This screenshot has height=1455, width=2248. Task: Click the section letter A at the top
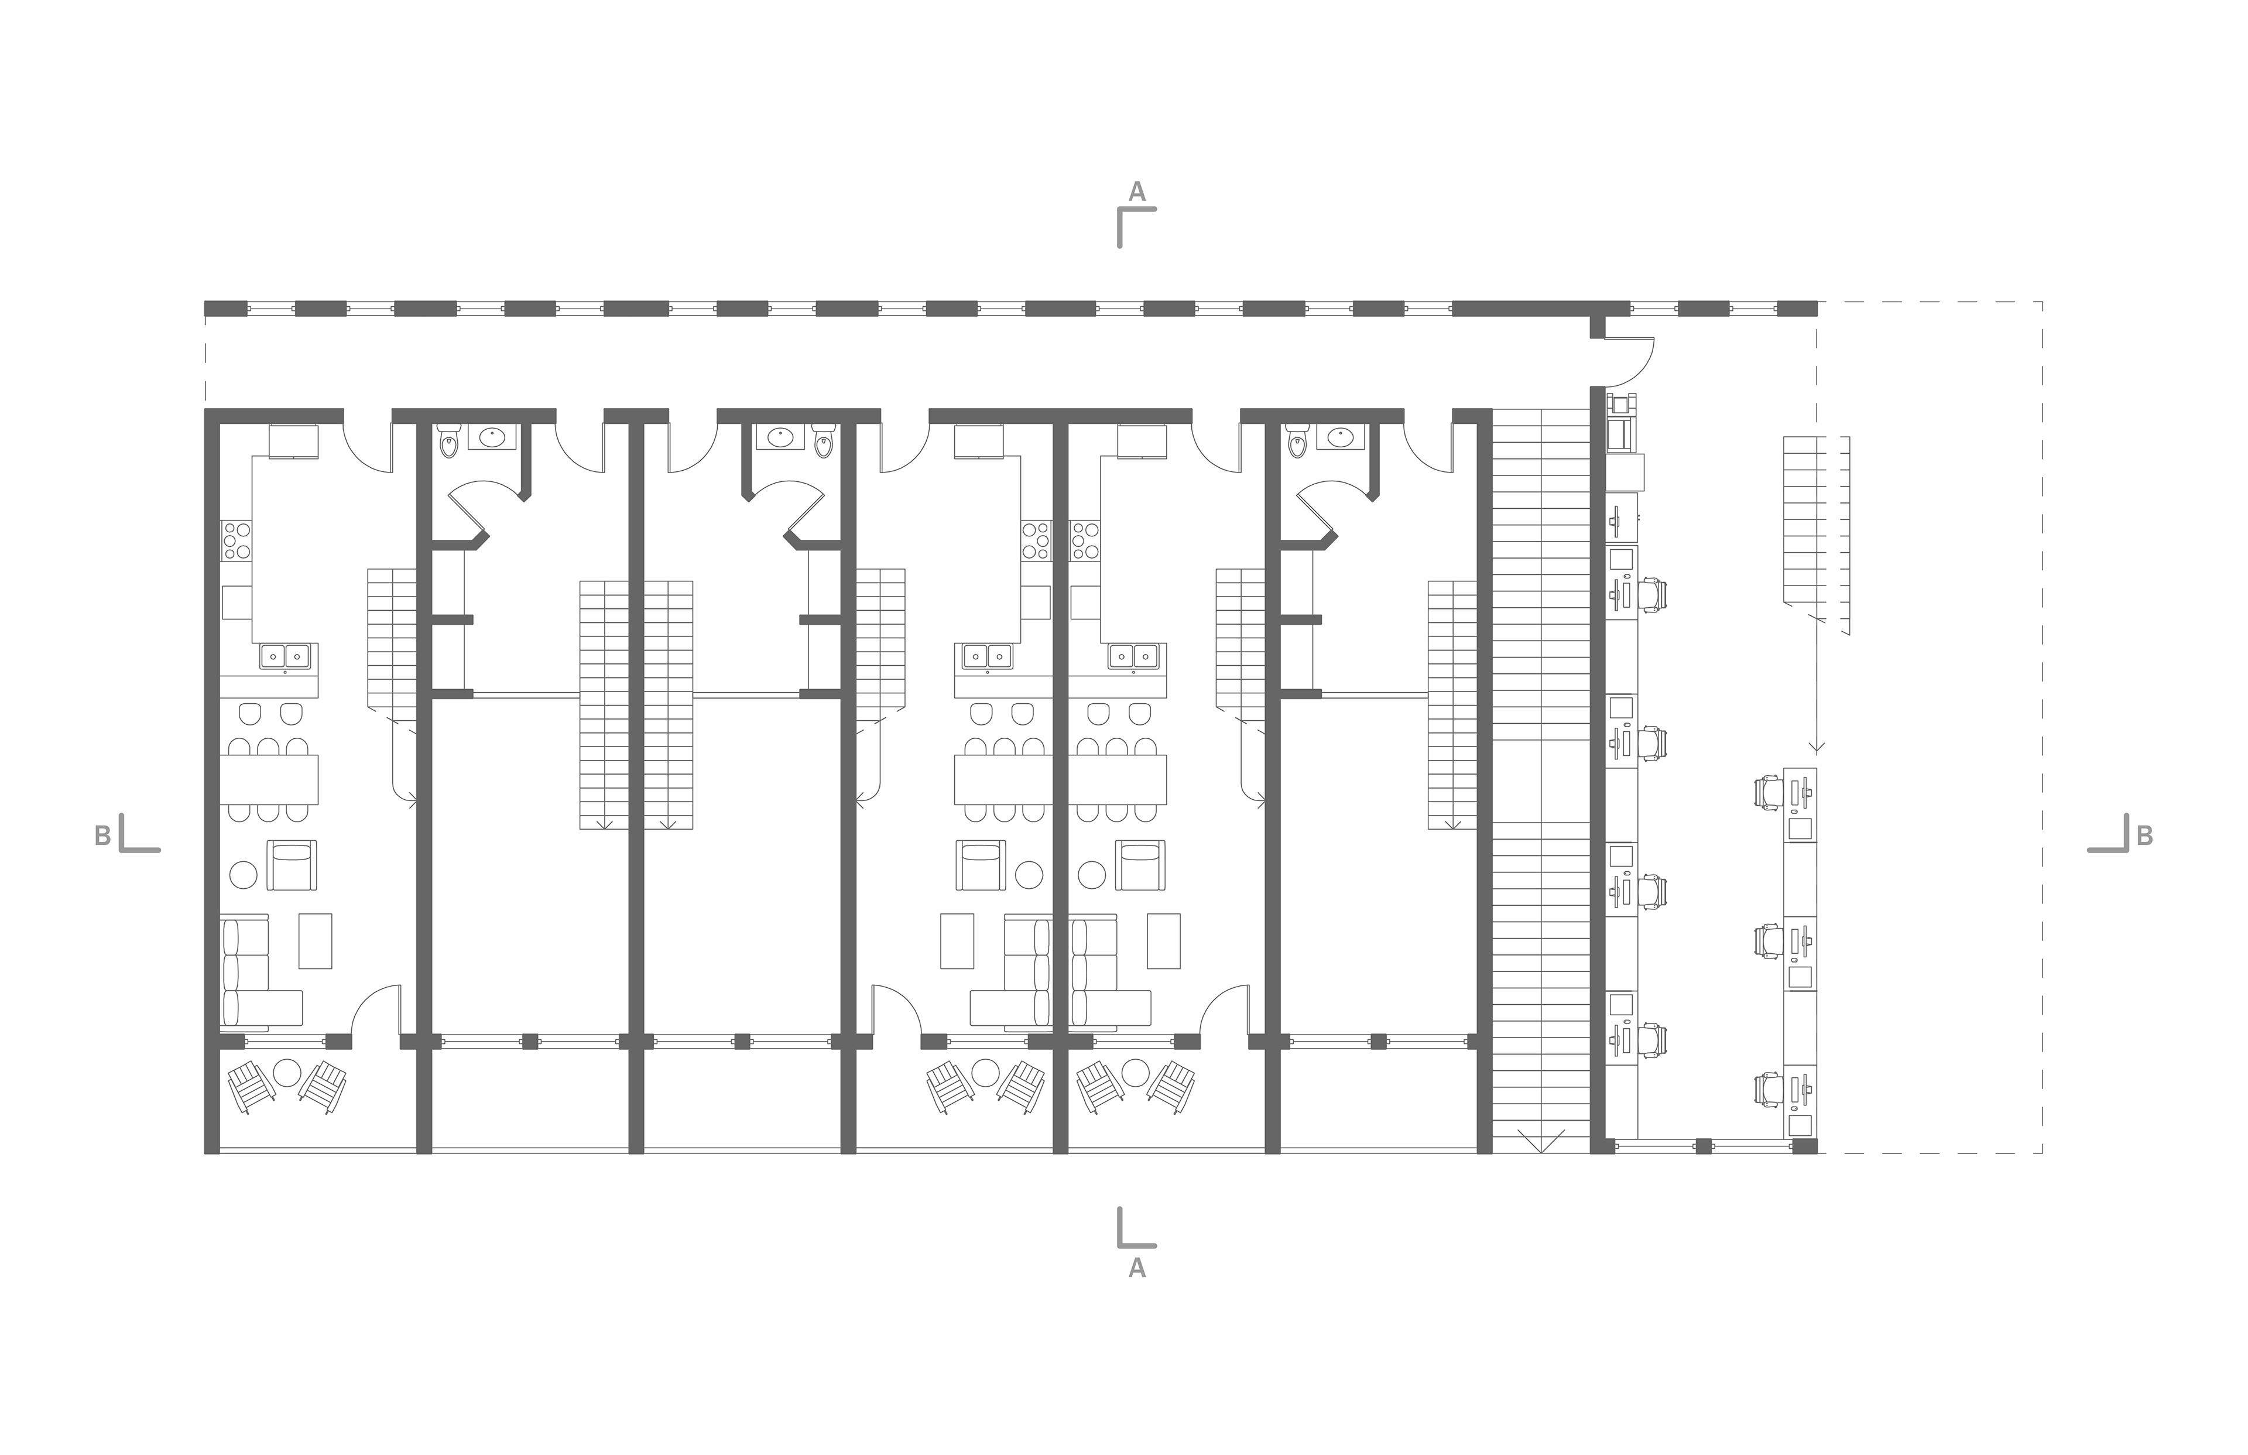[1137, 192]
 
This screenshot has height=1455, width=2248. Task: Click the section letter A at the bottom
[1137, 1268]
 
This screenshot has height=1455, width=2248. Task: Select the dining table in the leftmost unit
[269, 779]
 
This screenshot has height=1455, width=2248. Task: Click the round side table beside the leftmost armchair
[243, 874]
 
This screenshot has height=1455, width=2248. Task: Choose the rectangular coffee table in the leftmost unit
[316, 940]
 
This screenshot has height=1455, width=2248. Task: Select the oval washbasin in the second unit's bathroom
[492, 437]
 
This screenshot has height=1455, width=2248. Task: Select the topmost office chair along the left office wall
[1653, 595]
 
